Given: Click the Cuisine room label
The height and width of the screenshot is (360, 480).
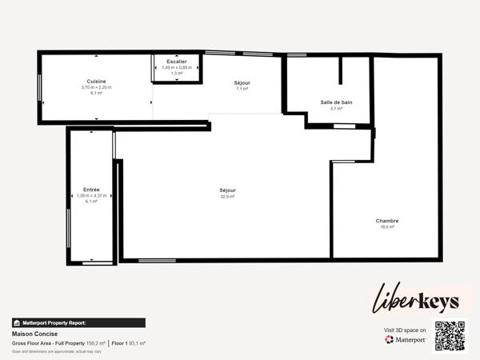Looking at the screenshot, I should click(97, 82).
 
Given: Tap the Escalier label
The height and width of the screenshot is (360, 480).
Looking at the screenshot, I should click(177, 62).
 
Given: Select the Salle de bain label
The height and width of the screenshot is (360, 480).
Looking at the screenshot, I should click(336, 102).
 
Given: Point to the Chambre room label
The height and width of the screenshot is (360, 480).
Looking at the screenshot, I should click(387, 221).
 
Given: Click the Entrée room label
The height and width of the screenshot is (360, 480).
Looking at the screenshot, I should click(91, 190).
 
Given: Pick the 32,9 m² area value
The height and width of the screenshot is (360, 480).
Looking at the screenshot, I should click(228, 196).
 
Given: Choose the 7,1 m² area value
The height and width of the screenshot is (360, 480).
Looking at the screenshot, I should click(242, 89).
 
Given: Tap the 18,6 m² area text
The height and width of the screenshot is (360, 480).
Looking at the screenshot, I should click(387, 227).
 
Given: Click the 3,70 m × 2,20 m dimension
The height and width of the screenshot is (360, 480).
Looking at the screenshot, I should click(97, 87).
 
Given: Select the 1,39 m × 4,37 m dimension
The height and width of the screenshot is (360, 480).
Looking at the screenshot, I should click(91, 195).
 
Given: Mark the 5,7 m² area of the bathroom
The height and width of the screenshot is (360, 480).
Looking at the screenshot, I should click(336, 109).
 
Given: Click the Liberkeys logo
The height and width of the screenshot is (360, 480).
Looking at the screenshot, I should click(416, 299).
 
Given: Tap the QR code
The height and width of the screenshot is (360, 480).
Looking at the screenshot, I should click(449, 336).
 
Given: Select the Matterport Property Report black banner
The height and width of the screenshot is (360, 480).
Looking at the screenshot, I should click(78, 323).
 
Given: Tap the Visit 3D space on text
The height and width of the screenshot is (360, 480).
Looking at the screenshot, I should click(405, 329).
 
